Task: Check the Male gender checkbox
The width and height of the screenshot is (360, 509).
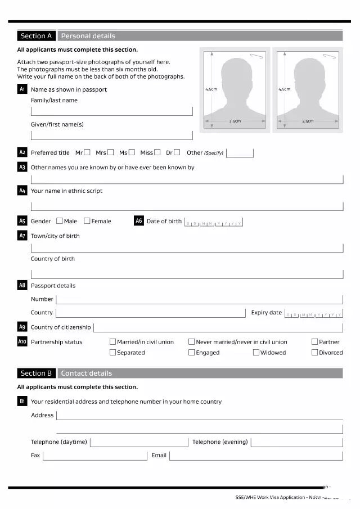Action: pyautogui.click(x=59, y=221)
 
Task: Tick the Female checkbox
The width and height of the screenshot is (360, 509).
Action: pyautogui.click(x=87, y=221)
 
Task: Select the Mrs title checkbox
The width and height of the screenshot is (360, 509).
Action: pyautogui.click(x=110, y=152)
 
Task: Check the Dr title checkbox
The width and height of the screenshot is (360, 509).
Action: pyautogui.click(x=177, y=152)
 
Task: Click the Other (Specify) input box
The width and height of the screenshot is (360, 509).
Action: pyautogui.click(x=240, y=153)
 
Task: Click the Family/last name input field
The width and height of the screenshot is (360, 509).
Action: pyautogui.click(x=111, y=111)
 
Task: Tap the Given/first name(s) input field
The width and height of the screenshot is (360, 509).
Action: pyautogui.click(x=111, y=136)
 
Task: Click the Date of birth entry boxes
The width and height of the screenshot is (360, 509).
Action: pyautogui.click(x=214, y=222)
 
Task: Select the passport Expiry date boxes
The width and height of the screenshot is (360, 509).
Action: pyautogui.click(x=313, y=313)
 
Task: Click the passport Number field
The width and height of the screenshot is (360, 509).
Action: pyautogui.click(x=199, y=299)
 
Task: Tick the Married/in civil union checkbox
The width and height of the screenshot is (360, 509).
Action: pyautogui.click(x=112, y=342)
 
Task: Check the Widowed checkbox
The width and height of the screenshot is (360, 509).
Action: pyautogui.click(x=256, y=353)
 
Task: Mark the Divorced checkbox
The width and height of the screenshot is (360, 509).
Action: pyautogui.click(x=314, y=353)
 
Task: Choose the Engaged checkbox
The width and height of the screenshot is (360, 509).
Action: pyautogui.click(x=191, y=353)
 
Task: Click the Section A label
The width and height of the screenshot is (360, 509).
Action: pyautogui.click(x=36, y=36)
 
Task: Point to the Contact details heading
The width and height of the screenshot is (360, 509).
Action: pyautogui.click(x=86, y=373)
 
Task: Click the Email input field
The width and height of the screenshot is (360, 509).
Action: pyautogui.click(x=256, y=456)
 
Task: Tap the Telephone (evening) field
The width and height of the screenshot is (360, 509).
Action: pyautogui.click(x=296, y=442)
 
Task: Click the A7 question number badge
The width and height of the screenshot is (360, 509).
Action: pyautogui.click(x=22, y=236)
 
